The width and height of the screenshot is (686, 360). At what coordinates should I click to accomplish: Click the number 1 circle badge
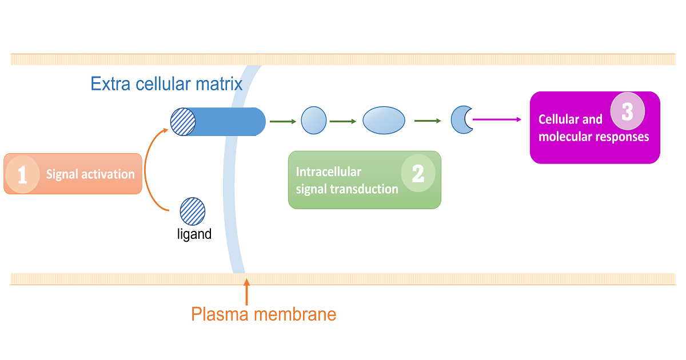pyautogui.click(x=22, y=174)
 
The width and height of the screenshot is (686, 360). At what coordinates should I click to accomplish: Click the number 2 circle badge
pyautogui.click(x=418, y=173)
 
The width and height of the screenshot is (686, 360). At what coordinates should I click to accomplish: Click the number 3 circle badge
pyautogui.click(x=627, y=110)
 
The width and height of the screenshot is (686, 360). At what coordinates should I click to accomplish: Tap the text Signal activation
pyautogui.click(x=90, y=174)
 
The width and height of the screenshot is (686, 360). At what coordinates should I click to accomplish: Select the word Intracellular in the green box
pyautogui.click(x=328, y=172)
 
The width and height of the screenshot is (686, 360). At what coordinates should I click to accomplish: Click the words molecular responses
pyautogui.click(x=593, y=137)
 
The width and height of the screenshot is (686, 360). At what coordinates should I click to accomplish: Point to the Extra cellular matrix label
pyautogui.click(x=166, y=84)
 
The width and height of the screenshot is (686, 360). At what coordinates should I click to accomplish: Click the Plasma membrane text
pyautogui.click(x=264, y=314)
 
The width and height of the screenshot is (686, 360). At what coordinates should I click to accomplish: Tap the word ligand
pyautogui.click(x=194, y=234)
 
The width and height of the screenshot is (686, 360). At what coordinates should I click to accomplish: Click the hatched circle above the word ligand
pyautogui.click(x=192, y=211)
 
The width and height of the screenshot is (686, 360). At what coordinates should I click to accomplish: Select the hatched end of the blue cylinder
pyautogui.click(x=184, y=121)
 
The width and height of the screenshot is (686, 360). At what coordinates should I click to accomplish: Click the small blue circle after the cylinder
pyautogui.click(x=313, y=121)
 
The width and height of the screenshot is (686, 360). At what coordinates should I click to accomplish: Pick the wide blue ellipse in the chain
pyautogui.click(x=384, y=121)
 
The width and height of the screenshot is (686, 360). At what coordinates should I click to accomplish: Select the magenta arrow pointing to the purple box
pyautogui.click(x=496, y=119)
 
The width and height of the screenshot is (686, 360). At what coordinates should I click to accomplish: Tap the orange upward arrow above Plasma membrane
pyautogui.click(x=246, y=291)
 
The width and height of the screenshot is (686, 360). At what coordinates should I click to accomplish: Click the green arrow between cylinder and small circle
pyautogui.click(x=282, y=121)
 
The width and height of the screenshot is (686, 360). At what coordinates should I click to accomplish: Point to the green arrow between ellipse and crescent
pyautogui.click(x=428, y=121)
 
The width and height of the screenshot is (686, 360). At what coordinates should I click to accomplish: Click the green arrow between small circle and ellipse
pyautogui.click(x=343, y=121)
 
